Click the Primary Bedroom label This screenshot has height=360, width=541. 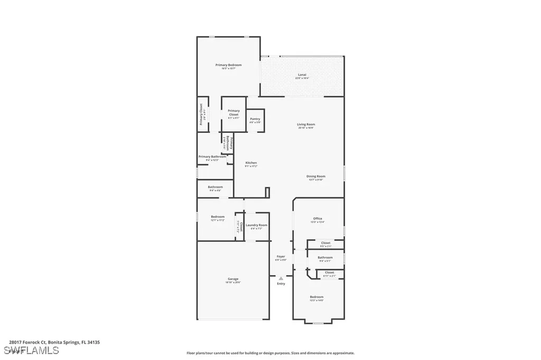point(228,65)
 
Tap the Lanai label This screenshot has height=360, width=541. point(302,75)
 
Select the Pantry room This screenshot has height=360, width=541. point(255,120)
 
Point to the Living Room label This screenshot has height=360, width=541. point(306,125)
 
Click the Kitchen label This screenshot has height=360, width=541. point(251,163)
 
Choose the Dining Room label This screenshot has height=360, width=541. point(316,176)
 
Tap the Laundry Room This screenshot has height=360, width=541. point(256,225)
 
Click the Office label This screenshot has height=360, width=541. point(317,219)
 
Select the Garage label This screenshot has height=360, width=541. point(233,279)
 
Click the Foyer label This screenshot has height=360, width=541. point(281,257)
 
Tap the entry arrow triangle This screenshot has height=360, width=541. point(281,278)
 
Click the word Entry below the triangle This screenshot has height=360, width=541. point(281,283)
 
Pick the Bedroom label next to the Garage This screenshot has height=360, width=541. point(218,217)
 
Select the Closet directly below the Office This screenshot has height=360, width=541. point(325,243)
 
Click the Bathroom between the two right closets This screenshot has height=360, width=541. point(325,258)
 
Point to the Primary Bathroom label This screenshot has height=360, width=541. point(212,157)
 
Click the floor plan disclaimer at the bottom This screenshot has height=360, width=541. point(270,353)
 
